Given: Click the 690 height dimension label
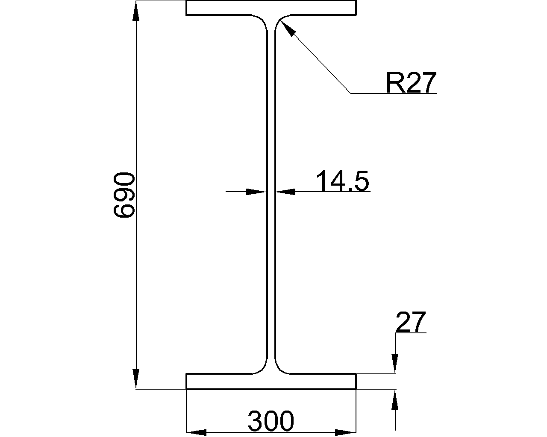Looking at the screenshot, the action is [124, 195].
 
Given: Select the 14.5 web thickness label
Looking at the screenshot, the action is [342, 181].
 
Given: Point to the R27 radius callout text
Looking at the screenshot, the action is [411, 82].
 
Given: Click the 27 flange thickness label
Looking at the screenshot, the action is [411, 322].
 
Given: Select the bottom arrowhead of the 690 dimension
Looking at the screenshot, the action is [136, 379].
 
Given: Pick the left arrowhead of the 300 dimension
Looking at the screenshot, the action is [196, 432].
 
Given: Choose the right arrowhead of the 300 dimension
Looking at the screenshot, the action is [345, 432].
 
